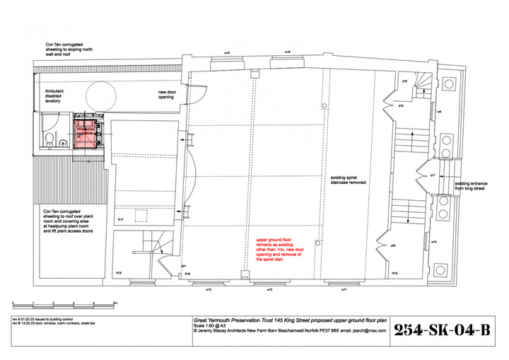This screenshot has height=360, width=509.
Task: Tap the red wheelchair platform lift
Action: click(x=88, y=133)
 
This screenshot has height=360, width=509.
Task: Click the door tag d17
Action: click(x=432, y=174)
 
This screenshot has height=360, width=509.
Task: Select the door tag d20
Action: click(x=393, y=245)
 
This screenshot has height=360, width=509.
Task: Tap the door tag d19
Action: click(x=400, y=105)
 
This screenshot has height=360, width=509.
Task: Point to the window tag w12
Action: click(x=269, y=290)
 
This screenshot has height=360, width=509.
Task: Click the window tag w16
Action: click(x=288, y=52)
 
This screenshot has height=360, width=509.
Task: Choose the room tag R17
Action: click(x=122, y=220)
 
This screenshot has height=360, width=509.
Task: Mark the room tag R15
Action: click(x=394, y=273)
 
